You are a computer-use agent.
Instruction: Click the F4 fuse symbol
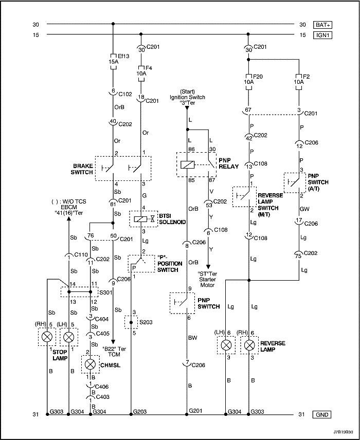(141, 70)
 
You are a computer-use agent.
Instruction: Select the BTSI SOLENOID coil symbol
(138, 219)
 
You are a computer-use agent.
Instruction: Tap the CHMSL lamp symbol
(91, 363)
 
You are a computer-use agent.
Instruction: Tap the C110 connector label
(81, 255)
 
